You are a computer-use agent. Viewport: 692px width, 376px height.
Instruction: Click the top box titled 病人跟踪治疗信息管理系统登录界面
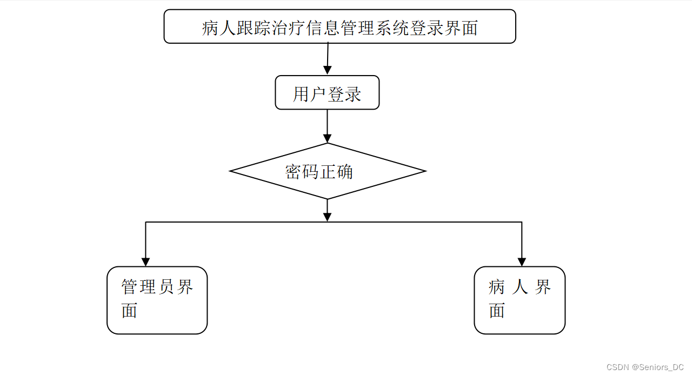[x=340, y=26]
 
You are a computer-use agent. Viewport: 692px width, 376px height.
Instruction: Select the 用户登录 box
[x=327, y=93]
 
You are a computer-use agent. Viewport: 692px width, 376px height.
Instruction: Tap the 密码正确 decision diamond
[x=327, y=171]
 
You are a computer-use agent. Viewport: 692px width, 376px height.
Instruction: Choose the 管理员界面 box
[x=157, y=300]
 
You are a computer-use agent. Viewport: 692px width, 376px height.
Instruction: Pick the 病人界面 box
[x=519, y=300]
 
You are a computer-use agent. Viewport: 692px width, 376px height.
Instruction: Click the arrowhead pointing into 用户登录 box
[x=327, y=70]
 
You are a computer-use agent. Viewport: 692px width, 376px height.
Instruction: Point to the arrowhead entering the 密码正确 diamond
[x=327, y=138]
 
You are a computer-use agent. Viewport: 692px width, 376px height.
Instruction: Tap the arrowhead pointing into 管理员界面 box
[x=145, y=261]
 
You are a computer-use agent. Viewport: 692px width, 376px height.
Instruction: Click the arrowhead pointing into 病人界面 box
[x=522, y=261]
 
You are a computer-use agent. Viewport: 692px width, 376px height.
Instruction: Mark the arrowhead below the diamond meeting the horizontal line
[x=327, y=216]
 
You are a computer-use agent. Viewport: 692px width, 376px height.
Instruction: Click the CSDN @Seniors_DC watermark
[x=645, y=367]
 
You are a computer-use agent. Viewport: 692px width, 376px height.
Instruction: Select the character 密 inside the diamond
[x=293, y=172]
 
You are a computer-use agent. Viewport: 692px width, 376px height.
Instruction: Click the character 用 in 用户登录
[x=301, y=94]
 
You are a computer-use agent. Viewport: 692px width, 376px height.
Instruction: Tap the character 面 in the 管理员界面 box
[x=129, y=311]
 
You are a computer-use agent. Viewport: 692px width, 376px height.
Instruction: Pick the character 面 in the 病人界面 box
[x=497, y=311]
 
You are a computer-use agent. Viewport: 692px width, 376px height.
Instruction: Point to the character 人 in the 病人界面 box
[x=520, y=287]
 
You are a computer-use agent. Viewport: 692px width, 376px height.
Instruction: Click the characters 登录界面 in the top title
[x=444, y=28]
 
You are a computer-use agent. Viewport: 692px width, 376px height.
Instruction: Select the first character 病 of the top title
[x=210, y=28]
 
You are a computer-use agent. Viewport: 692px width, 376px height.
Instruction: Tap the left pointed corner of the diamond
[x=231, y=171]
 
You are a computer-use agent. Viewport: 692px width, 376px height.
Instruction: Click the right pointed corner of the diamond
[x=425, y=171]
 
